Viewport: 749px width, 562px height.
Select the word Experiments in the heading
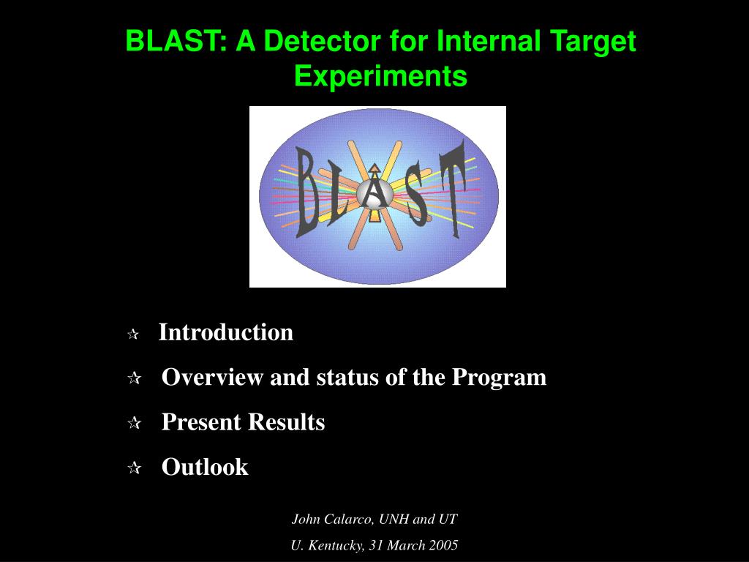click(x=380, y=76)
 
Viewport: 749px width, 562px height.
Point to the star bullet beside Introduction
click(x=133, y=334)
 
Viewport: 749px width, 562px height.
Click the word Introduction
click(x=225, y=332)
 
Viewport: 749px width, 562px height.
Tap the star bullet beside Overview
click(x=135, y=378)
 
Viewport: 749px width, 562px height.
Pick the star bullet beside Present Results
click(x=135, y=423)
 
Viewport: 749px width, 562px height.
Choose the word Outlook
click(x=205, y=467)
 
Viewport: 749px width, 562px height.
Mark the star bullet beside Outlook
click(x=135, y=468)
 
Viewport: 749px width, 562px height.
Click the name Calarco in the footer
click(x=349, y=519)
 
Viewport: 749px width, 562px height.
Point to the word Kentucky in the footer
click(x=335, y=545)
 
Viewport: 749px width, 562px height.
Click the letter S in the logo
click(x=418, y=194)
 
